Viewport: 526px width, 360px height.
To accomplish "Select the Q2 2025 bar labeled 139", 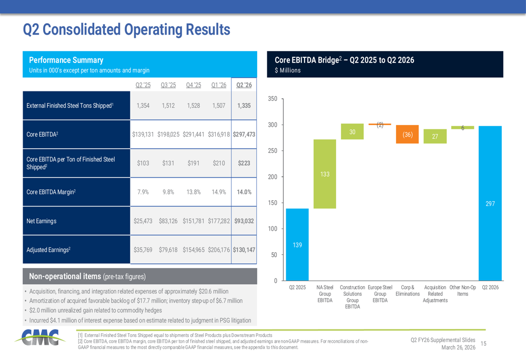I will pos(297,244).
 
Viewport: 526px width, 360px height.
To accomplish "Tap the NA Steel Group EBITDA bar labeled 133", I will pos(325,174).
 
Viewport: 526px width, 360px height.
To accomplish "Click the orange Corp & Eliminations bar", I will pos(407,134).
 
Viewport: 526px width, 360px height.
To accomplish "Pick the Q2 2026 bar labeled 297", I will pos(490,203).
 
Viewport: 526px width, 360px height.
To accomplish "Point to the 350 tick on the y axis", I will pos(272,99).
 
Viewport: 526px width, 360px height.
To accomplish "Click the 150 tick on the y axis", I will pos(272,203).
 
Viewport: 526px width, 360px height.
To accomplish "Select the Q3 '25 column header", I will pos(168,86).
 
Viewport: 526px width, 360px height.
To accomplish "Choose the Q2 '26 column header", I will pos(244,86).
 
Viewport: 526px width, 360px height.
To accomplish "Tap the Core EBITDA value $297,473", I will pos(244,135).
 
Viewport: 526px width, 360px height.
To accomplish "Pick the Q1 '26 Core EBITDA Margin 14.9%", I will pos(218,192).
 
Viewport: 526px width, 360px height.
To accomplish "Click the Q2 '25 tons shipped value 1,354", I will pos(143,106).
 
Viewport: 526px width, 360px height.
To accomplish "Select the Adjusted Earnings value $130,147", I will pos(244,250).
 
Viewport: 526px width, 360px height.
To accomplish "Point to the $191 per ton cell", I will pos(193,163).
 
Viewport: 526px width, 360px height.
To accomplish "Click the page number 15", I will pos(483,343).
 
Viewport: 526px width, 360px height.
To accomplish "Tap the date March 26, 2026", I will pos(459,347).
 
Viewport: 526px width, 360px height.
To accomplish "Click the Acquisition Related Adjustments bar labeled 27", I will pos(435,136).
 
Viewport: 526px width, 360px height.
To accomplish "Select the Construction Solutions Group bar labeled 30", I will pos(352,132).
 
